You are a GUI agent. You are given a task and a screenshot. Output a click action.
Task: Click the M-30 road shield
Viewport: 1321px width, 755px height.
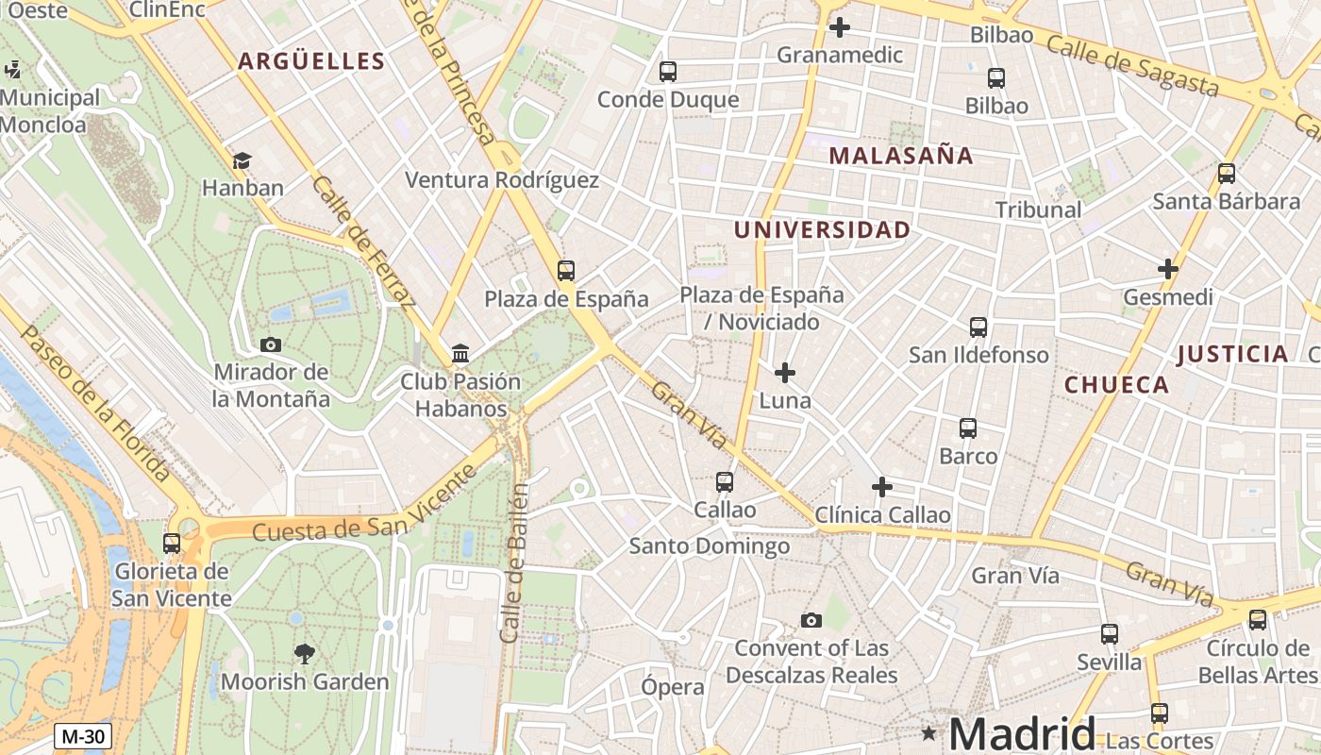pyautogui.click(x=83, y=736)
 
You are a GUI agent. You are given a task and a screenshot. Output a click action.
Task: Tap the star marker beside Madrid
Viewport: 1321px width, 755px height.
pyautogui.click(x=929, y=732)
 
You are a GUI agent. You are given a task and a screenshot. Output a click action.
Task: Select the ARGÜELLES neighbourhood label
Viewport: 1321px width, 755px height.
pyautogui.click(x=311, y=62)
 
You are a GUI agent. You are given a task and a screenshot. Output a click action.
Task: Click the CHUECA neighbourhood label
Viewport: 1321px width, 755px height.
pyautogui.click(x=1116, y=385)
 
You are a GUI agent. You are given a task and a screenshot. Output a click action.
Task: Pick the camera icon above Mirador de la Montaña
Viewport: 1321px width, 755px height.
pyautogui.click(x=271, y=344)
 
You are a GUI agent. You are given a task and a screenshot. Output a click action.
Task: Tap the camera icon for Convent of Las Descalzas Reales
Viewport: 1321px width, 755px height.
pyautogui.click(x=811, y=620)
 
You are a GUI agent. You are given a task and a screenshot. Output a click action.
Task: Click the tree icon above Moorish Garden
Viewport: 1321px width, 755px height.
pyautogui.click(x=304, y=653)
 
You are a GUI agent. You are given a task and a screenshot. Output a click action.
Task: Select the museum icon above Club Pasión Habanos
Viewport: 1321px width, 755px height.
pyautogui.click(x=460, y=354)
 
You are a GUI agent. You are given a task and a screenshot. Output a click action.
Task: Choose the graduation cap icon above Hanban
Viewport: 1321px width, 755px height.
pyautogui.click(x=242, y=160)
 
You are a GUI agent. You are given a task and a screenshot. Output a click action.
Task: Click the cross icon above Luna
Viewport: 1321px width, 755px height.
pyautogui.click(x=784, y=373)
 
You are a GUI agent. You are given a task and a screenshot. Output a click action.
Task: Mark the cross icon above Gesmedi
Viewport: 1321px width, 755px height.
pyautogui.click(x=1168, y=269)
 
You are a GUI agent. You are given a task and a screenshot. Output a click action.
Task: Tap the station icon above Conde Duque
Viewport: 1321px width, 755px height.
pyautogui.click(x=668, y=71)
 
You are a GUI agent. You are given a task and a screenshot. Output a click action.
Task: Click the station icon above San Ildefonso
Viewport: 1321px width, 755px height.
pyautogui.click(x=978, y=327)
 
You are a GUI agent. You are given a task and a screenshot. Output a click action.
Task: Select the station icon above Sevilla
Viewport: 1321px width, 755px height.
pyautogui.click(x=1110, y=634)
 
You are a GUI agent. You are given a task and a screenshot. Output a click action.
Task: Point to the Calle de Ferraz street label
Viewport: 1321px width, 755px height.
pyautogui.click(x=364, y=243)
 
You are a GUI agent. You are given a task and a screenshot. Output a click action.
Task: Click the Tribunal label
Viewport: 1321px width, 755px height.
pyautogui.click(x=1038, y=210)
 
